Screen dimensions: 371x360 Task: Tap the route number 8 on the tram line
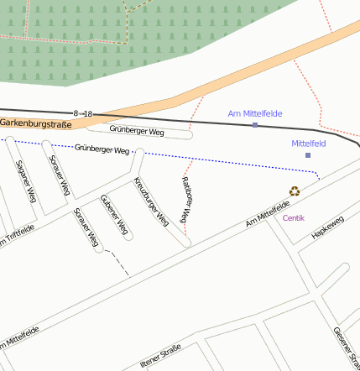[76, 113]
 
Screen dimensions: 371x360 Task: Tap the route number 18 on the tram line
[88, 113]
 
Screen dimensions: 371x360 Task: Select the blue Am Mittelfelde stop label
[255, 113]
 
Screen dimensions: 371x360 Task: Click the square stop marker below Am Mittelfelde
[255, 125]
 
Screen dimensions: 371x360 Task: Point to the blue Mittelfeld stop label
[308, 144]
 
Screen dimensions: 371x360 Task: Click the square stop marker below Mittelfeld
[308, 155]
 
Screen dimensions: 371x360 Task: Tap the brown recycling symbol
[295, 191]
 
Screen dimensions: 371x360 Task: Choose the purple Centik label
[294, 218]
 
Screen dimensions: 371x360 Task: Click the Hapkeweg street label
[327, 228]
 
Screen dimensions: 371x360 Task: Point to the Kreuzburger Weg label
[151, 202]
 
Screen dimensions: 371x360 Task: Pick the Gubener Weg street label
[113, 215]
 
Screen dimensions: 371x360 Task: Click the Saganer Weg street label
[25, 181]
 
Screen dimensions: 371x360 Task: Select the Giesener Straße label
[346, 344]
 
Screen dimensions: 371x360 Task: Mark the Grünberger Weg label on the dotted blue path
[103, 149]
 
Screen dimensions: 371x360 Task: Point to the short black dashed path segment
[119, 263]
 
